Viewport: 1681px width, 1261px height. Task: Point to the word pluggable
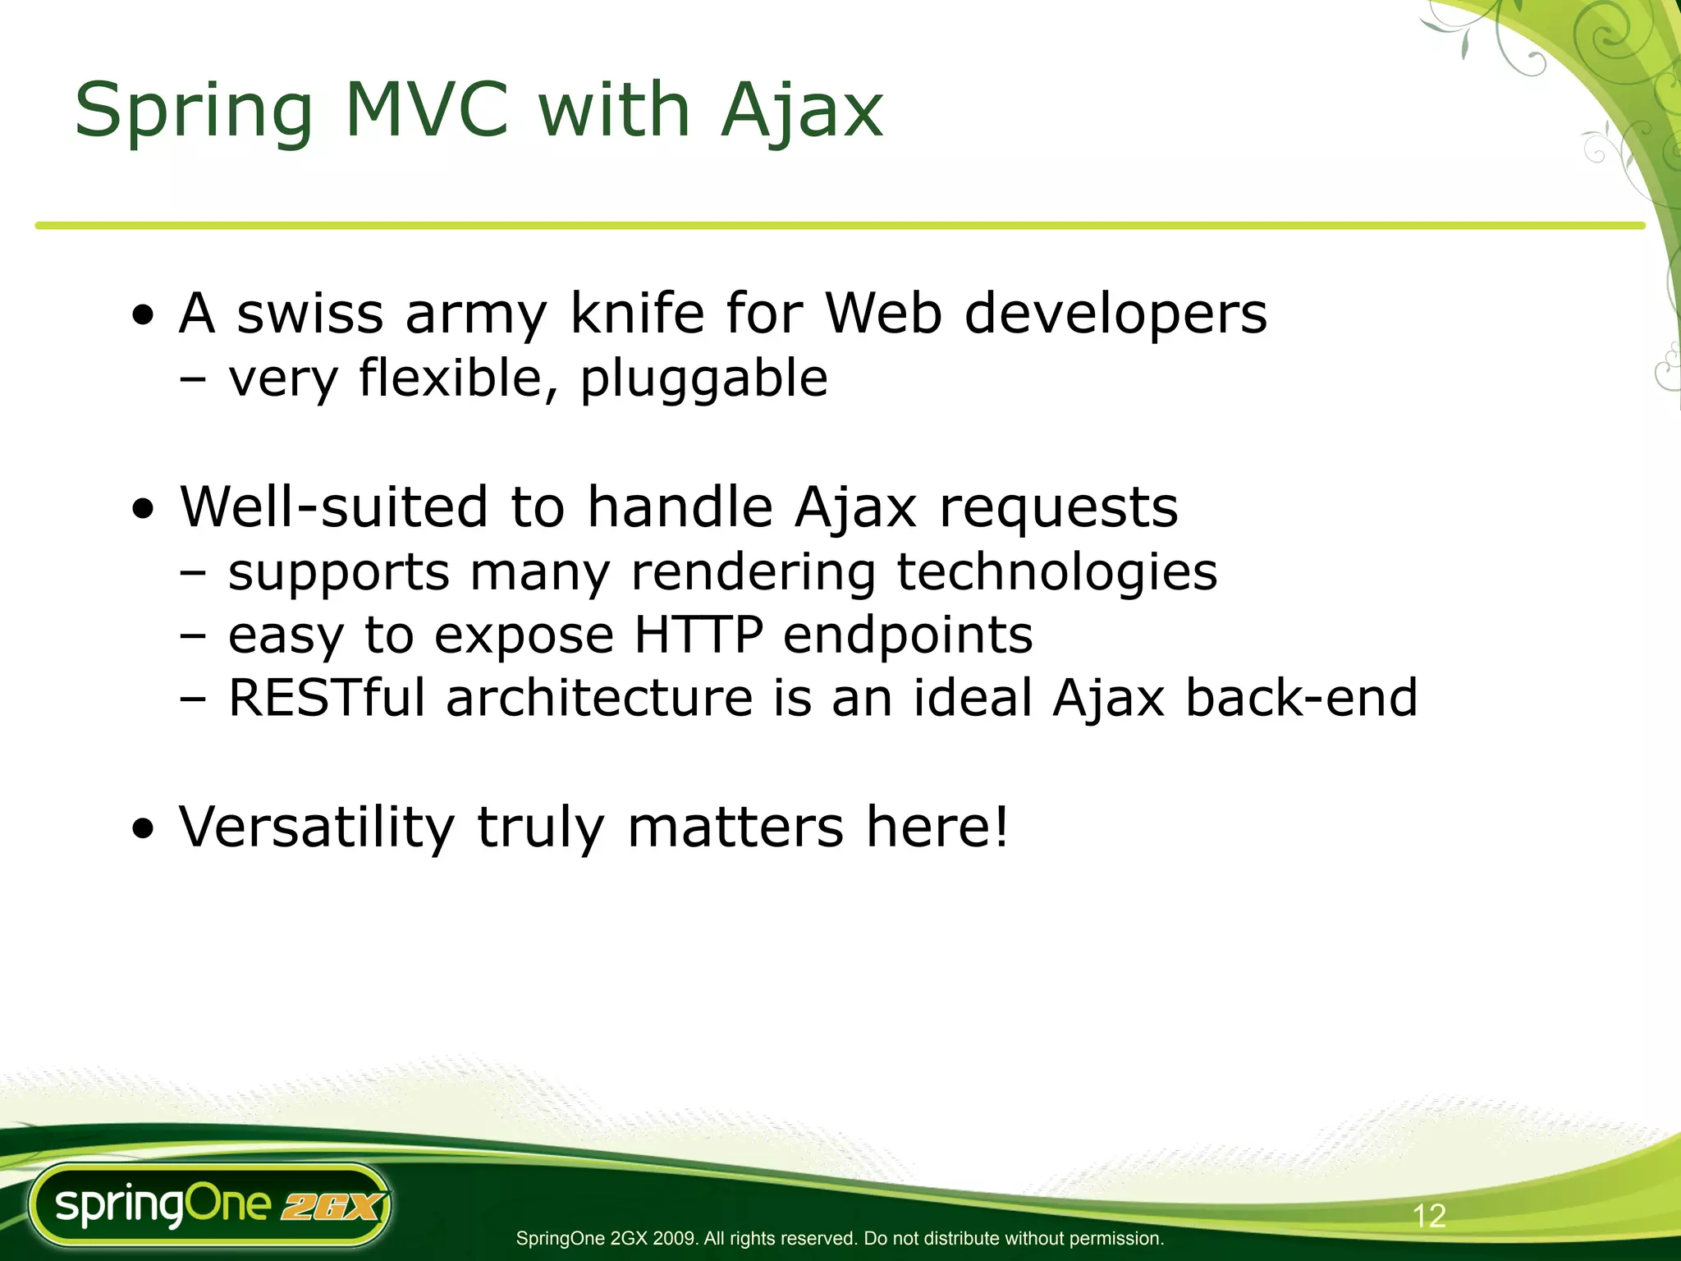point(703,380)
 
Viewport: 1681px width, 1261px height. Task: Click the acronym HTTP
point(699,635)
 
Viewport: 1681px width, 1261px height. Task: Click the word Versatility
point(317,828)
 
